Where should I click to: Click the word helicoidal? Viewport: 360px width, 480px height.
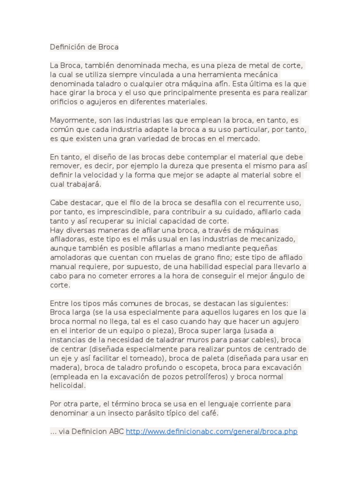68,385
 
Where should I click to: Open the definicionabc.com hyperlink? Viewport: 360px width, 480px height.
211,431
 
